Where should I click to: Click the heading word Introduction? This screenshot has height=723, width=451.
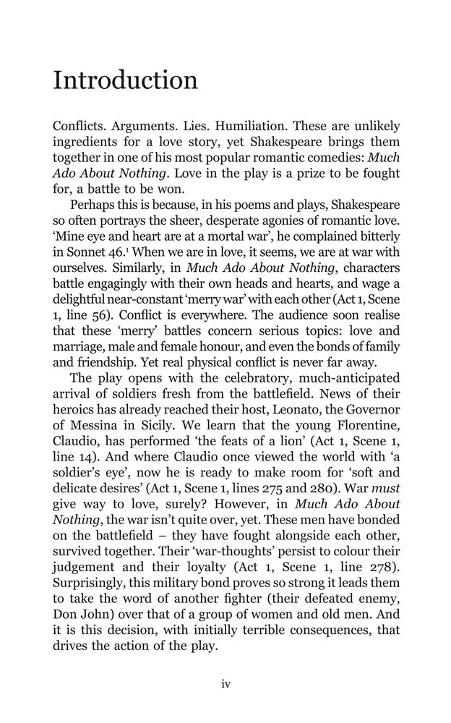click(x=125, y=80)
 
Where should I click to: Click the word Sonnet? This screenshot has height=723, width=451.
click(x=87, y=252)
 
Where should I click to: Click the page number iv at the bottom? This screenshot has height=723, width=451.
click(x=225, y=684)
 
